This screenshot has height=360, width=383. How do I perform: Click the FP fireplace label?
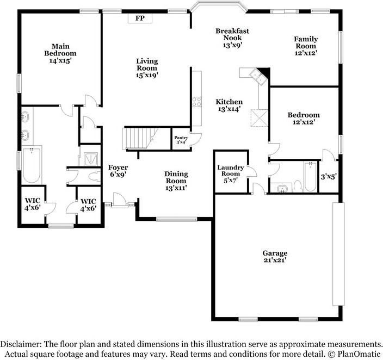139,18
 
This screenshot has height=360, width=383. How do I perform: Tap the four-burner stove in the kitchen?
196,102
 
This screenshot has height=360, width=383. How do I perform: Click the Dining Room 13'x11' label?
176,181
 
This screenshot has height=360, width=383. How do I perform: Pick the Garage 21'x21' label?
275,257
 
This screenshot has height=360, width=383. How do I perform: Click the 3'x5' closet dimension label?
329,177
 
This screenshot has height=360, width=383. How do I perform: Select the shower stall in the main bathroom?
90,158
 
